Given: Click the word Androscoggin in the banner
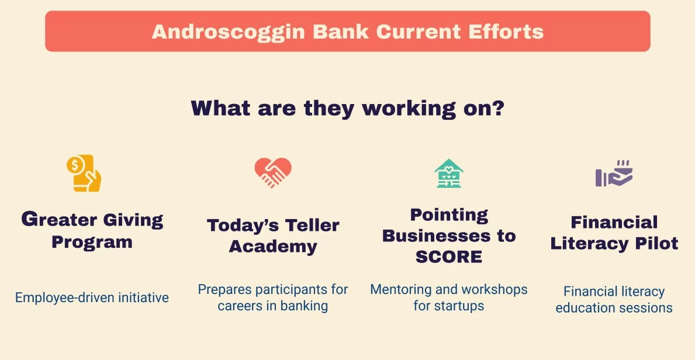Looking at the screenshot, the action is pyautogui.click(x=229, y=32).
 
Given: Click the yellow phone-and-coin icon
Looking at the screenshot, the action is pyautogui.click(x=84, y=174).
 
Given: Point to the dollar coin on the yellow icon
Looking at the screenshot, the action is pyautogui.click(x=75, y=165).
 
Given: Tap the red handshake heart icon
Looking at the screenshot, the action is pyautogui.click(x=273, y=172).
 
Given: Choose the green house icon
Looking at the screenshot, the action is pyautogui.click(x=449, y=174).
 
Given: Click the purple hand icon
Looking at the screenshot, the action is pyautogui.click(x=614, y=174).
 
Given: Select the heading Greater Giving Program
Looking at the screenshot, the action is pyautogui.click(x=92, y=230).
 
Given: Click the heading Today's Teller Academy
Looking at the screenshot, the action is pyautogui.click(x=273, y=236).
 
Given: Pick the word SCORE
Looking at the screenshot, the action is pyautogui.click(x=449, y=257).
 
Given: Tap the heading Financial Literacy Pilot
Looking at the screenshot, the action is pyautogui.click(x=614, y=233).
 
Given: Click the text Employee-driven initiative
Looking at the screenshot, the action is pyautogui.click(x=92, y=297).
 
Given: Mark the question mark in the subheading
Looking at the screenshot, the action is pyautogui.click(x=499, y=108).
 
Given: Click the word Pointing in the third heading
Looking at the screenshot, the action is pyautogui.click(x=449, y=215).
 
